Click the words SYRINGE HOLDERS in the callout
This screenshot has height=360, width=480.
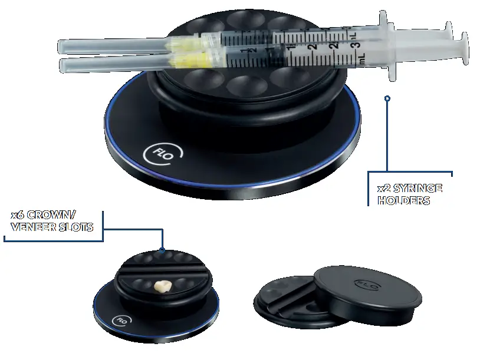[409, 194]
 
